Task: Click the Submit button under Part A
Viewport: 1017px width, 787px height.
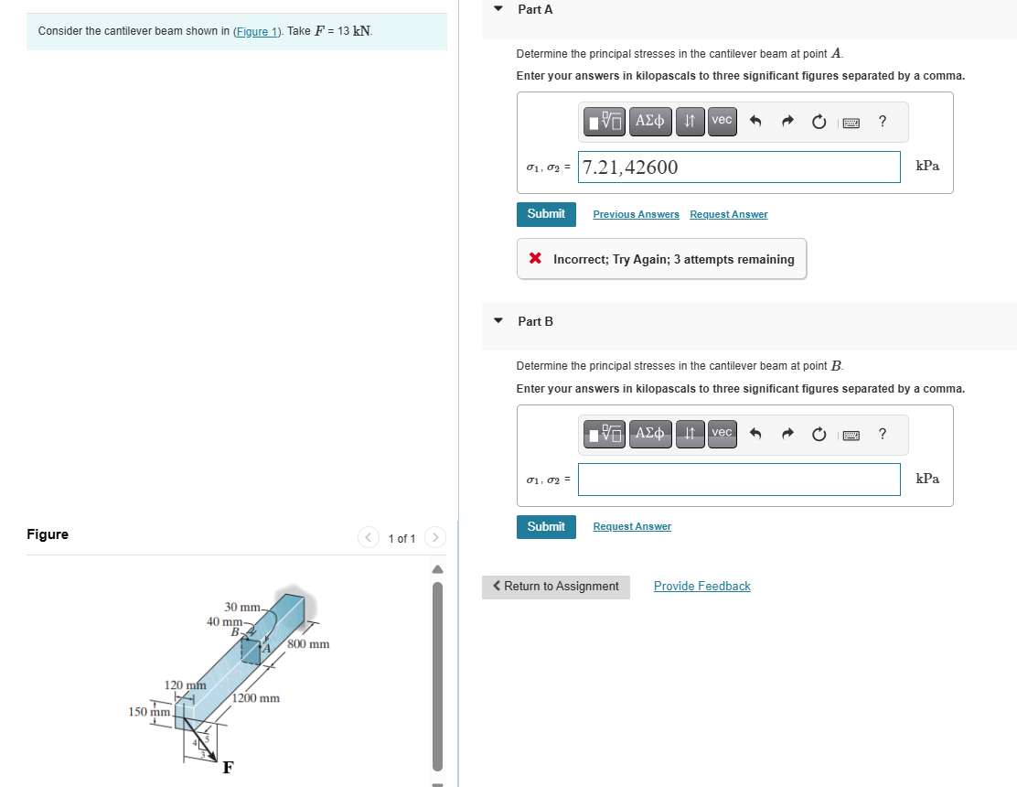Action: click(546, 214)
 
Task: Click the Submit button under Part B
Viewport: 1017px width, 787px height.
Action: click(546, 527)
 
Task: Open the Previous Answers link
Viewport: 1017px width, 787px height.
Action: click(636, 214)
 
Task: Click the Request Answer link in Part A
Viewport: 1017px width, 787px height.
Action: click(728, 214)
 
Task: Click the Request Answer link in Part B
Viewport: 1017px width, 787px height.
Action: click(632, 527)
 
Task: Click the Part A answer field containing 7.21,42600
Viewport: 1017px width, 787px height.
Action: click(739, 167)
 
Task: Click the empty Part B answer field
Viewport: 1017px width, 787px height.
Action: click(739, 480)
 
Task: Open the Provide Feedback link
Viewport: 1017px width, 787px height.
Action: click(701, 587)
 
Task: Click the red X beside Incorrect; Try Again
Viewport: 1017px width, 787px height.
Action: click(535, 260)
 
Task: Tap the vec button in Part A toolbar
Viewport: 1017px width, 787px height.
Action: click(722, 120)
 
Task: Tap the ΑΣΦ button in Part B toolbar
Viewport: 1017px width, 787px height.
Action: click(649, 433)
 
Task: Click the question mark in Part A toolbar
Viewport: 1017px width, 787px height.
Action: click(882, 120)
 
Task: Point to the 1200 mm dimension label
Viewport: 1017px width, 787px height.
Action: click(256, 698)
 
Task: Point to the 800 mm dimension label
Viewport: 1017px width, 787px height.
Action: click(308, 644)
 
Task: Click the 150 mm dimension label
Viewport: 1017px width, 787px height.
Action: click(149, 712)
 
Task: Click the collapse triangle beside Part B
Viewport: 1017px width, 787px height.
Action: click(498, 321)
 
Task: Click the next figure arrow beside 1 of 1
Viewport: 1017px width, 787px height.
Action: click(435, 538)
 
